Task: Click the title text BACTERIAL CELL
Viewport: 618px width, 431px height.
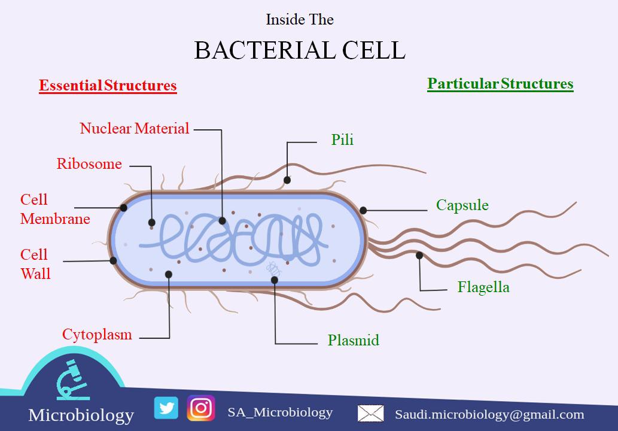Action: tap(300, 51)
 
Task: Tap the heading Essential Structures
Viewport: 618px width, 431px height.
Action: tap(108, 86)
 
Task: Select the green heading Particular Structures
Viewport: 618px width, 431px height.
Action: tap(500, 84)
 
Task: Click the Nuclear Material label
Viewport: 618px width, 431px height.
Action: tap(135, 129)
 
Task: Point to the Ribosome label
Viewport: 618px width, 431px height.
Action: tap(89, 164)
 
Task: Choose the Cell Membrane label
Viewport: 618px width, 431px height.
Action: tap(54, 210)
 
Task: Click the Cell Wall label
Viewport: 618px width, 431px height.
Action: tap(35, 264)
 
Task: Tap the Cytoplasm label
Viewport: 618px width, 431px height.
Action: tap(97, 335)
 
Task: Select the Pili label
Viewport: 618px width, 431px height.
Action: tap(342, 140)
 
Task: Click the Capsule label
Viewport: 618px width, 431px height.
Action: tap(462, 205)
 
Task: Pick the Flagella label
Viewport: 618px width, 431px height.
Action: tap(483, 287)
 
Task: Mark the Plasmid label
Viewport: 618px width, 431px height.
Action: tap(353, 341)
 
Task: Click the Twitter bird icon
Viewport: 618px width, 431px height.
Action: tap(166, 408)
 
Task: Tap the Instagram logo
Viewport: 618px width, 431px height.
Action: tap(201, 408)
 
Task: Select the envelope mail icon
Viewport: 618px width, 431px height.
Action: tap(370, 414)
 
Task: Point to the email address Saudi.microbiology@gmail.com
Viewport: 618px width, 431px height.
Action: tap(489, 414)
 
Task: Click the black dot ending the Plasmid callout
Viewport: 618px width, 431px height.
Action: tap(275, 280)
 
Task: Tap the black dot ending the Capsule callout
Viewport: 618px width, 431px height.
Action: tap(363, 210)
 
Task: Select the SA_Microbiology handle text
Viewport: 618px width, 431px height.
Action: tap(280, 412)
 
